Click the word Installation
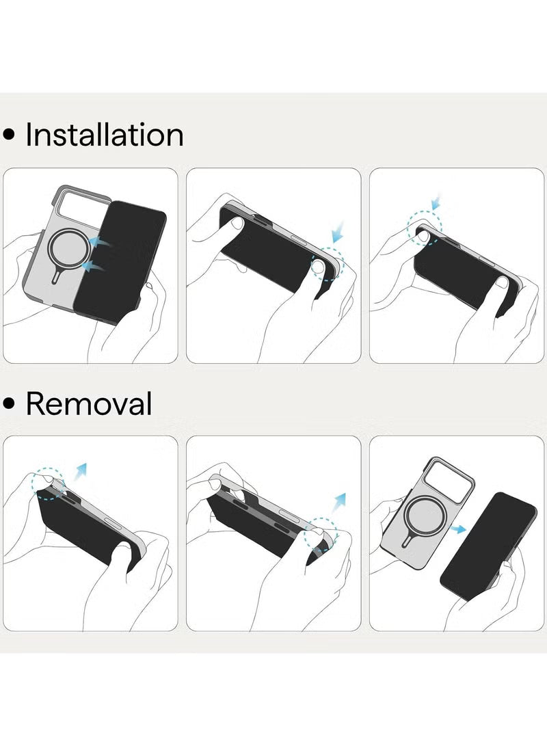[x=104, y=135]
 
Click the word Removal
[x=89, y=403]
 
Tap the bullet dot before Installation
[x=9, y=135]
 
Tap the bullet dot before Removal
[x=9, y=403]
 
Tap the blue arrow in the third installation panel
[x=436, y=201]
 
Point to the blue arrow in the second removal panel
[x=339, y=503]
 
